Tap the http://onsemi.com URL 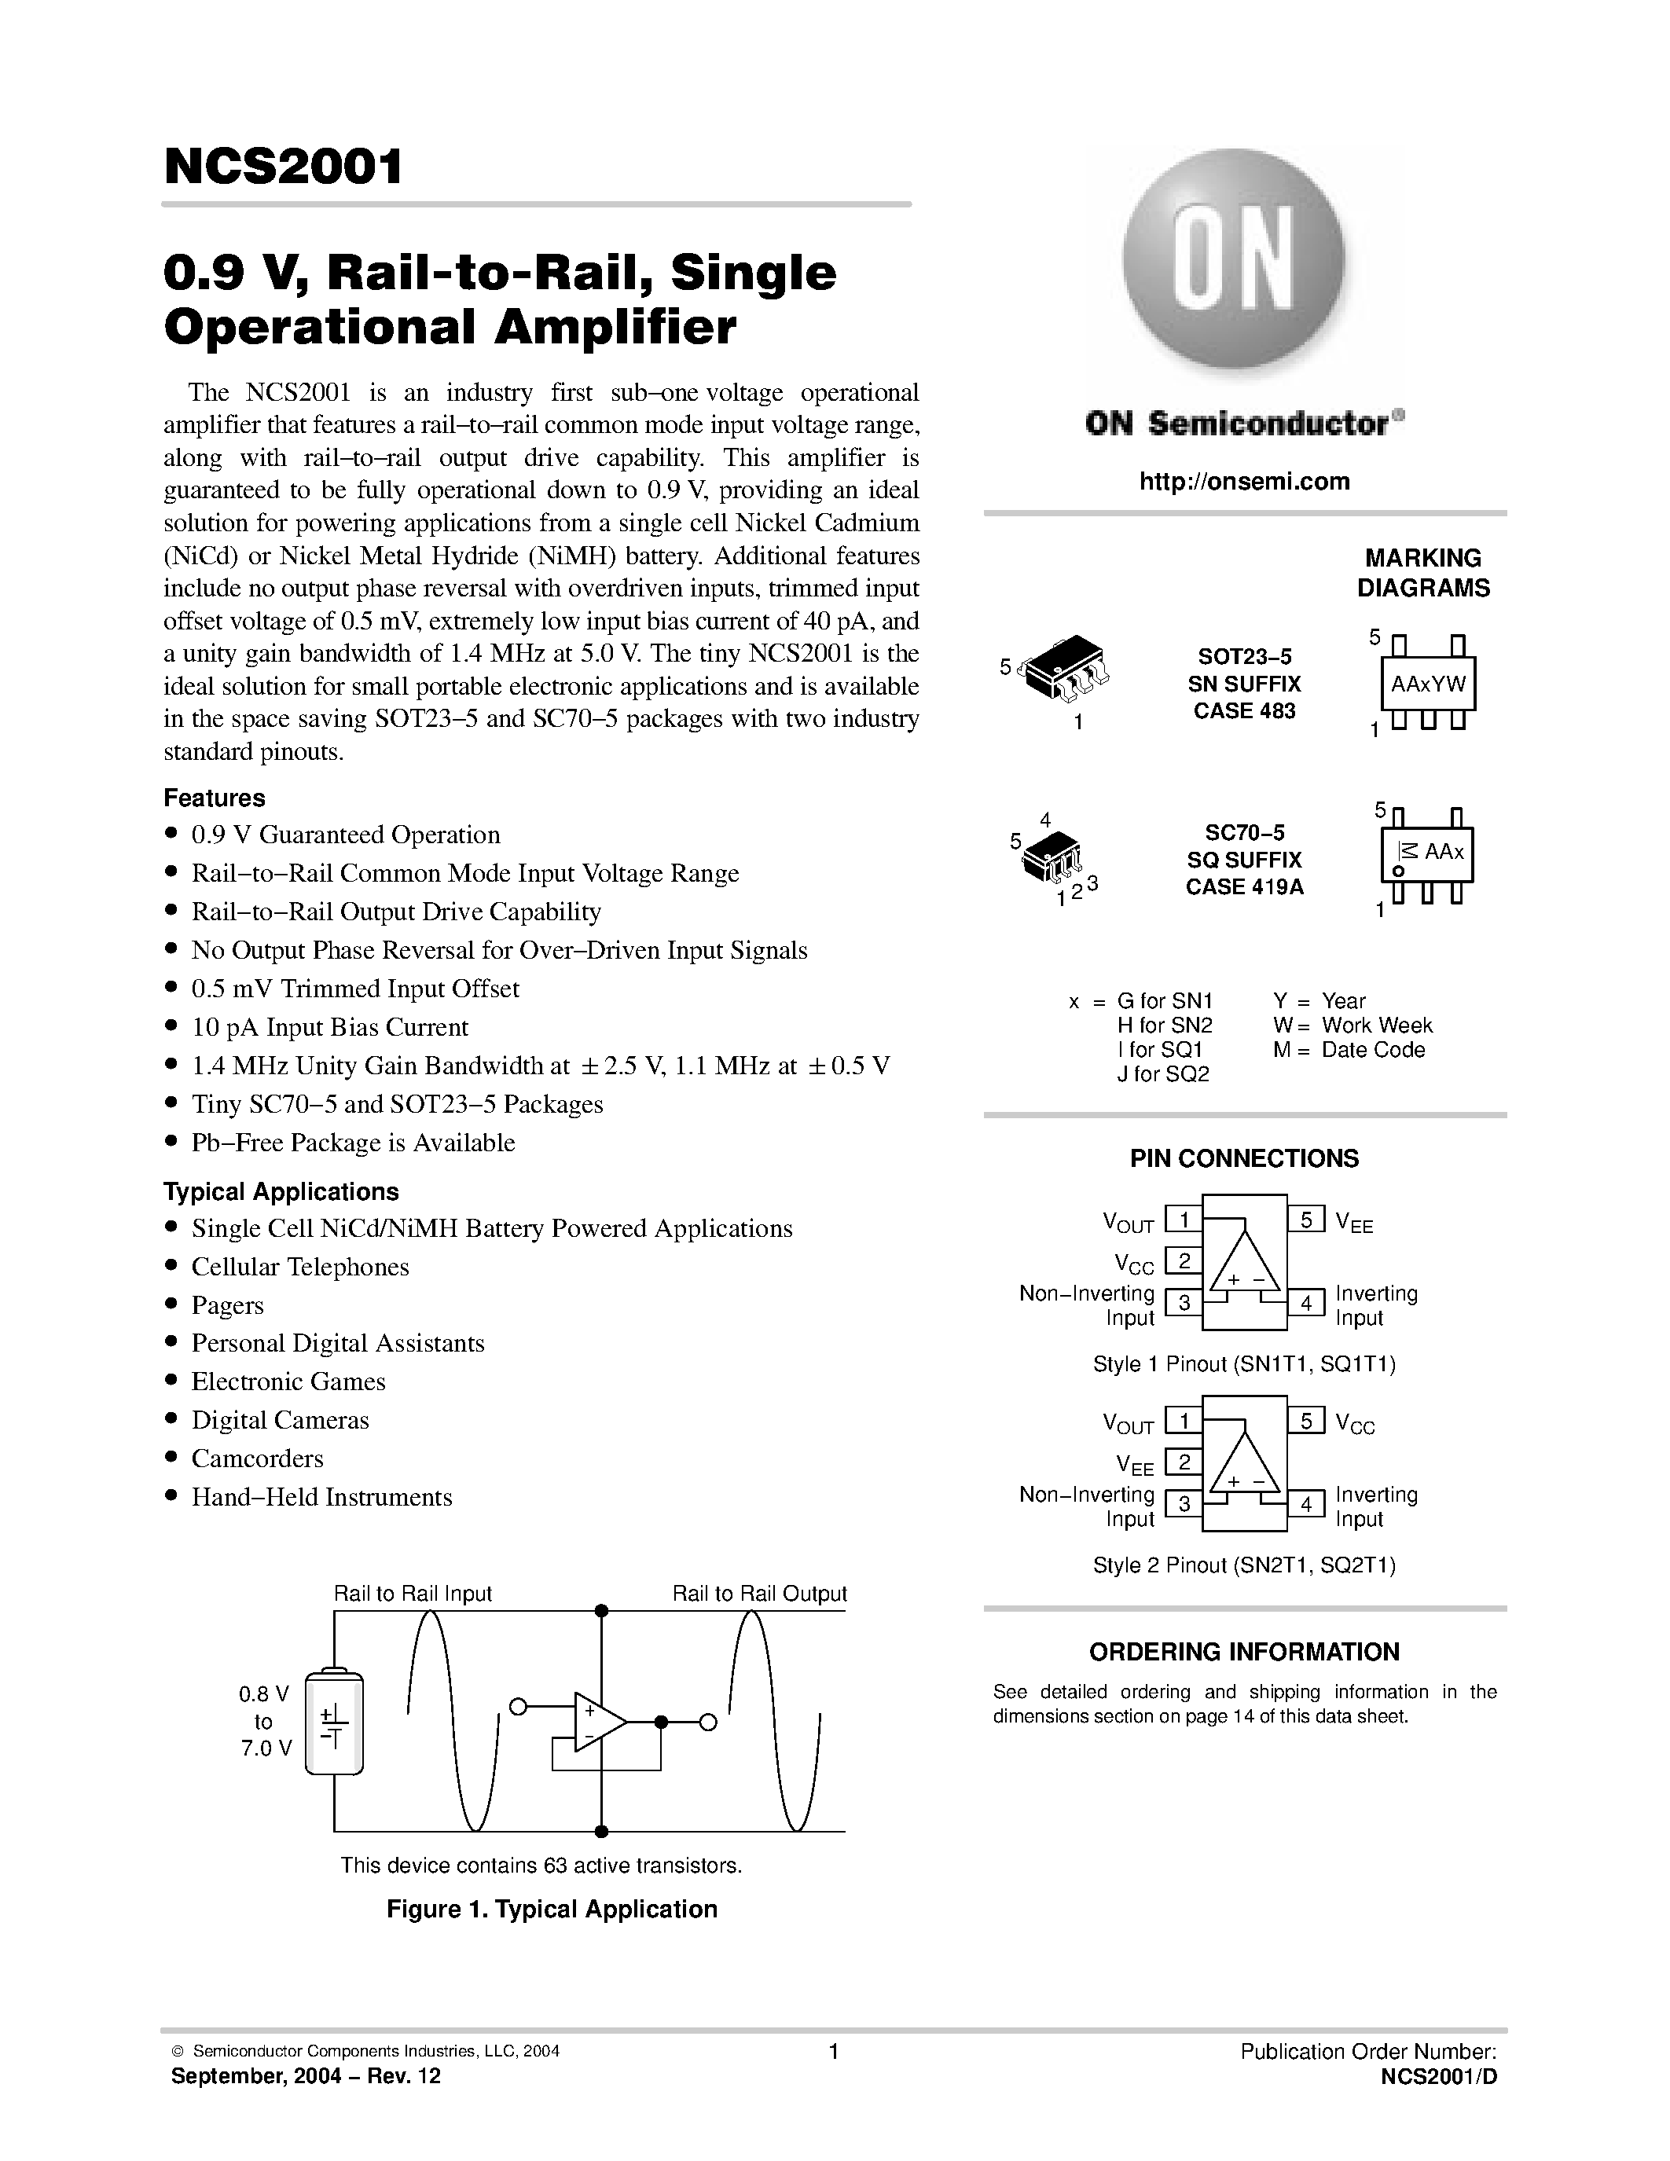point(1243,482)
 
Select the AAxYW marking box point(1428,684)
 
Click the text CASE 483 point(1243,710)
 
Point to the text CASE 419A point(1243,886)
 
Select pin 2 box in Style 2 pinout point(1184,1462)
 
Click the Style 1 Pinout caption point(1243,1364)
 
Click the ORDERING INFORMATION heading point(1243,1653)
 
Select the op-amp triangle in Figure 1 point(597,1722)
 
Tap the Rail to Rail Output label point(759,1594)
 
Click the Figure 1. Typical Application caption point(551,1910)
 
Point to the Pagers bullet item point(228,1305)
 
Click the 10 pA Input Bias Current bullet point(329,1027)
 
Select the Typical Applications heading point(281,1191)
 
